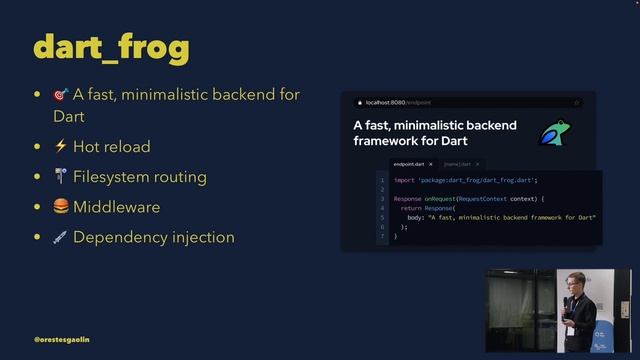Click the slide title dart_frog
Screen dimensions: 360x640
(x=111, y=47)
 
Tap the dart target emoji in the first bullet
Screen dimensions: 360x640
(x=61, y=95)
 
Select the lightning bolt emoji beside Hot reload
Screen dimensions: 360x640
(x=61, y=146)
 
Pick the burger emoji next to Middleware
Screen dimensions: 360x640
(x=61, y=207)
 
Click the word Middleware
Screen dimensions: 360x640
(x=116, y=207)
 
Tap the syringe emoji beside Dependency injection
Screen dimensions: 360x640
(x=61, y=237)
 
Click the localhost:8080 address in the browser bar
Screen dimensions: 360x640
(x=386, y=102)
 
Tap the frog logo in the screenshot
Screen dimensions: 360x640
(x=554, y=133)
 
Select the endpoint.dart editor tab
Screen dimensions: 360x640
(x=409, y=163)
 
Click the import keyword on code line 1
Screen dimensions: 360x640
(x=404, y=180)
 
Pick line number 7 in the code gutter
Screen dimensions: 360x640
(x=381, y=236)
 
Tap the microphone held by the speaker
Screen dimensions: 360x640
(x=566, y=301)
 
